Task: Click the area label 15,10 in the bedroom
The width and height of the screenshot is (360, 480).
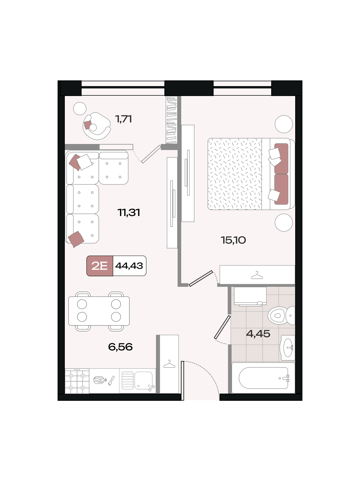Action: (233, 240)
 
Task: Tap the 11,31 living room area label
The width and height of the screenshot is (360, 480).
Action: (129, 212)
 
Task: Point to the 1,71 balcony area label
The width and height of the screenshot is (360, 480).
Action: (124, 119)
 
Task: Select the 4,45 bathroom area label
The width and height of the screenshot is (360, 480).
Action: (258, 334)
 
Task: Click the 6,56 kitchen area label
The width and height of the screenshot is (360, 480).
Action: (120, 347)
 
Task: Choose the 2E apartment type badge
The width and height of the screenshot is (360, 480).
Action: (100, 266)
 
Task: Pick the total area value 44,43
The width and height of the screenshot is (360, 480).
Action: (129, 266)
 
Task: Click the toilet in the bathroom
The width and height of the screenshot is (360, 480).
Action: (281, 315)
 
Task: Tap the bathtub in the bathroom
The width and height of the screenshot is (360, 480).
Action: (263, 378)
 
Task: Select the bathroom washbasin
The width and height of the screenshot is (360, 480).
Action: (288, 347)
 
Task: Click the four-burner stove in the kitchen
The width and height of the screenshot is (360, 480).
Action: (77, 381)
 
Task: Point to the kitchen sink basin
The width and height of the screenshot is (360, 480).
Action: (143, 380)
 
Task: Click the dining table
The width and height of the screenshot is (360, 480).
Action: (99, 311)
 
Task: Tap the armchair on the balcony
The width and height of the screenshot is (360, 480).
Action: (97, 126)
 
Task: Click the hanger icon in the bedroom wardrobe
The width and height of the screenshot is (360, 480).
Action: (257, 275)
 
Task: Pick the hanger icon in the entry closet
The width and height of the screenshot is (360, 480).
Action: (169, 364)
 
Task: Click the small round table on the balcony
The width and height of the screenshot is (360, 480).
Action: (80, 109)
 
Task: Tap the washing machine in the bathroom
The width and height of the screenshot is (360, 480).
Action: (250, 296)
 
